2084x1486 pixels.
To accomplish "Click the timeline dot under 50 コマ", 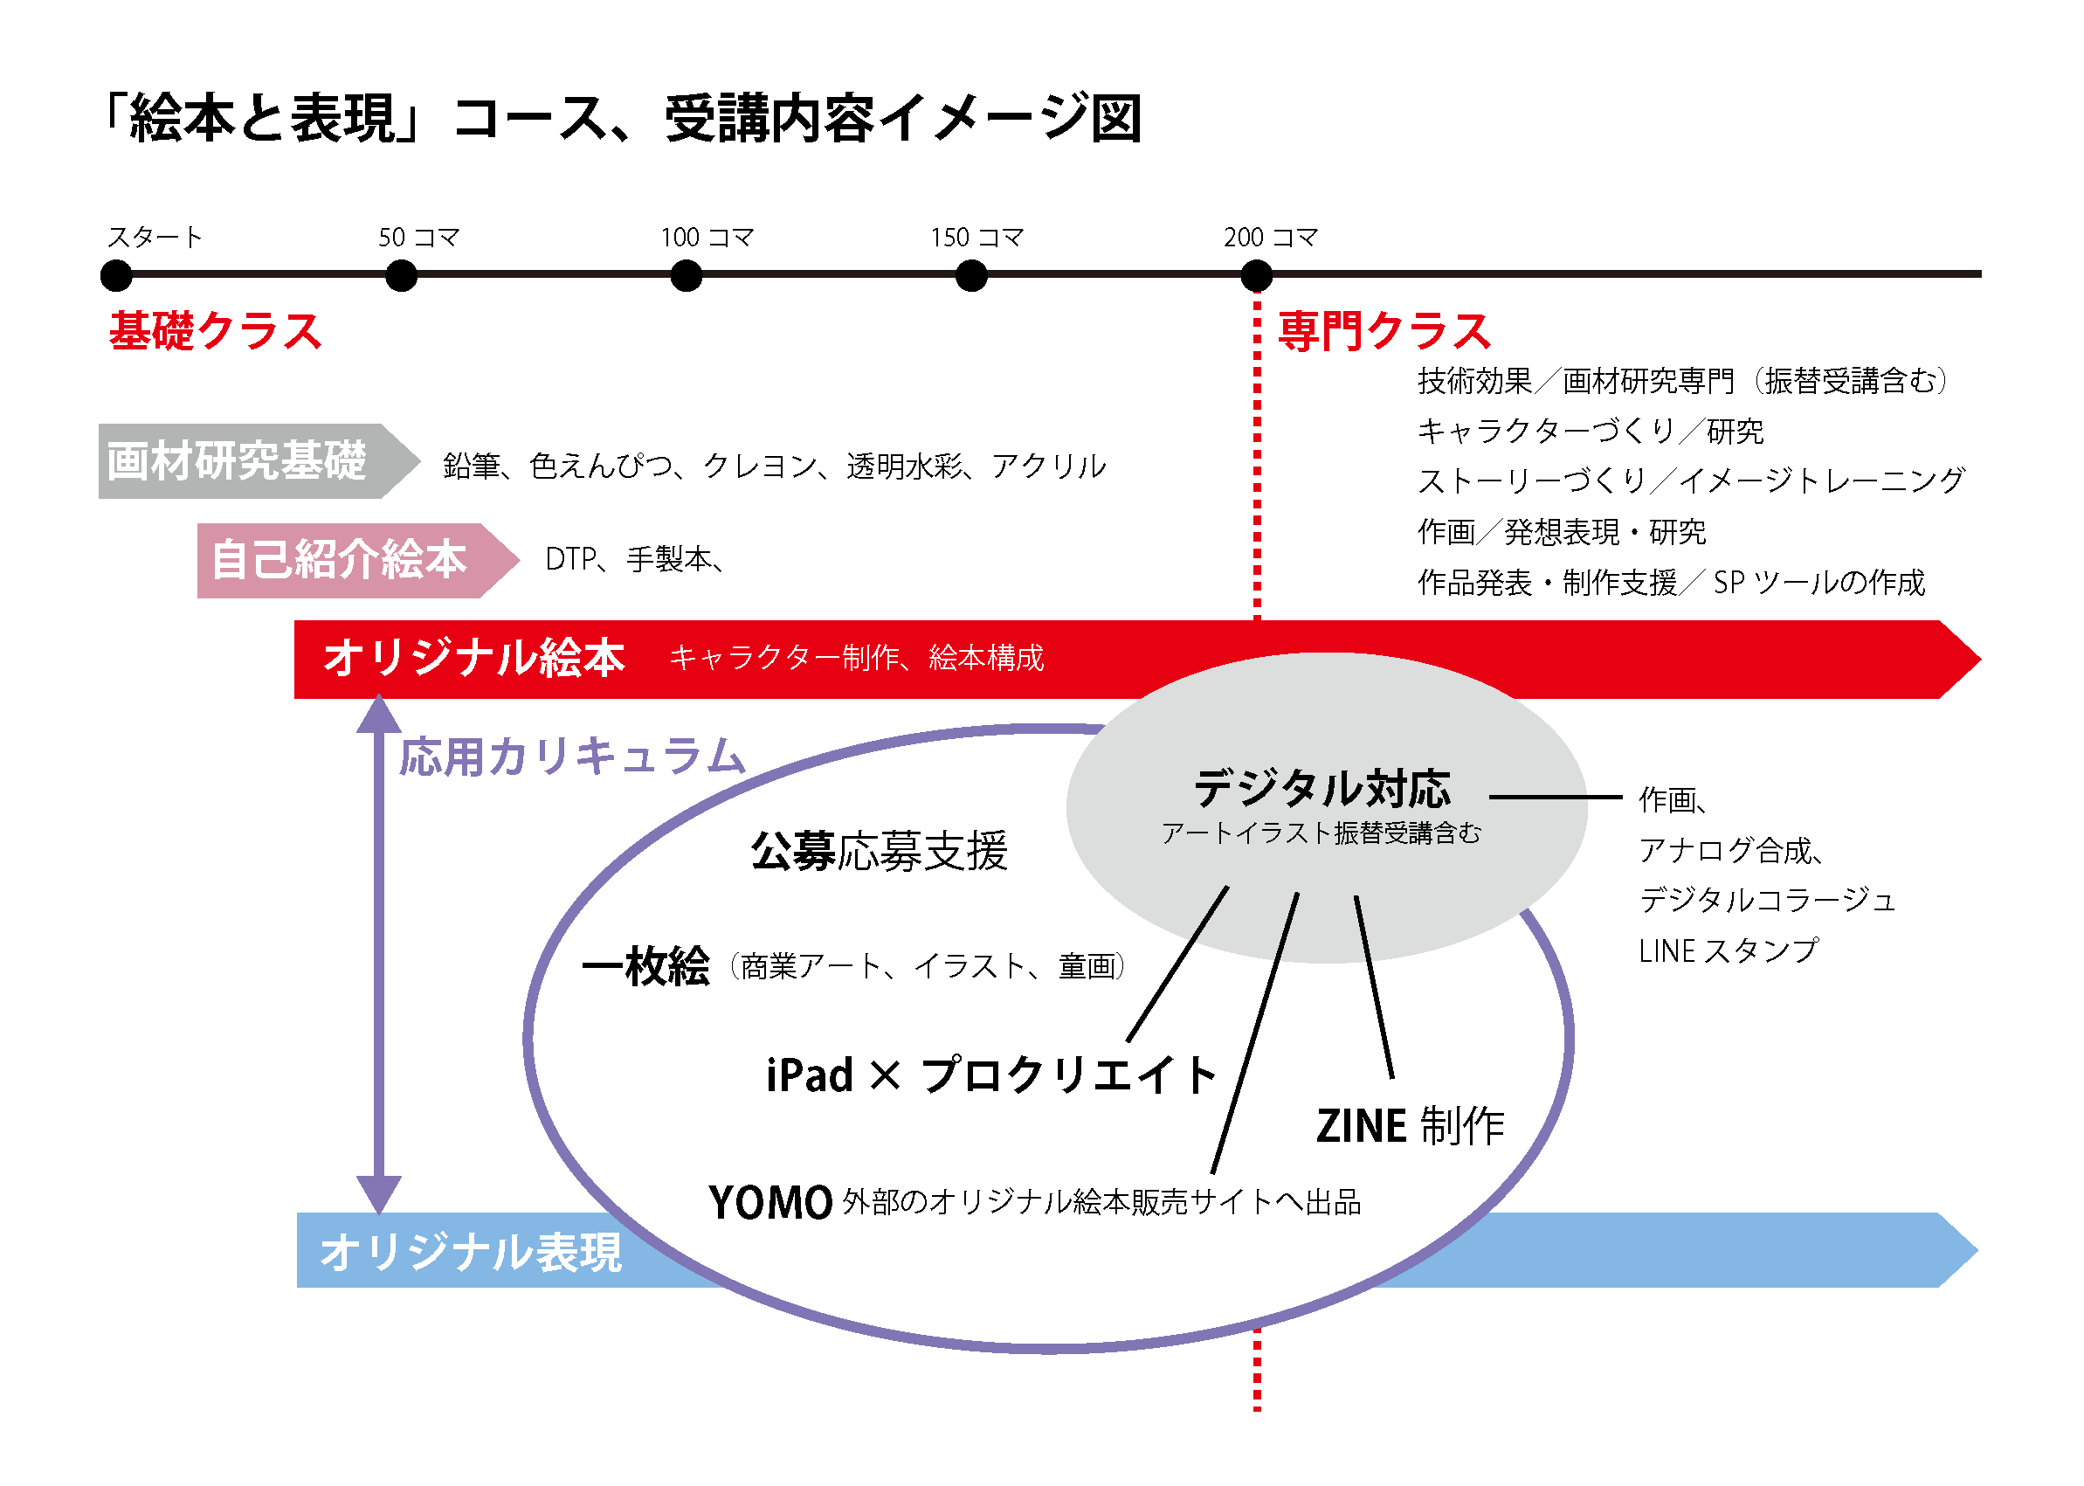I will (401, 274).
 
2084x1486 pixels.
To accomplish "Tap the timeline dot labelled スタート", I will (116, 274).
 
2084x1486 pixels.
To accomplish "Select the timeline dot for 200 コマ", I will (1256, 274).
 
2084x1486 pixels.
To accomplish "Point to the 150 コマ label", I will (976, 238).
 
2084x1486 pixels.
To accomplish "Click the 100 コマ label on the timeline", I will (707, 238).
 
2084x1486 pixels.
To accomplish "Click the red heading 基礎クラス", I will (215, 330).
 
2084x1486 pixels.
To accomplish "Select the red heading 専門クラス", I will (1384, 330).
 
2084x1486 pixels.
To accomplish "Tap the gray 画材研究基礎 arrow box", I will (247, 460).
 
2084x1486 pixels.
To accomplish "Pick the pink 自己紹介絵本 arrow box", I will (348, 559).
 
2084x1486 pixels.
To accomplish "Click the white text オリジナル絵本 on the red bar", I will (474, 658).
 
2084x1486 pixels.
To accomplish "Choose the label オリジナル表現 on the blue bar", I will (470, 1251).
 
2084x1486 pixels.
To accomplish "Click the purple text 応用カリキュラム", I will (573, 757).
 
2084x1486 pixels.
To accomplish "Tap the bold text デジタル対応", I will (1322, 788).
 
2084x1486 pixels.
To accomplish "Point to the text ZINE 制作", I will (1410, 1125).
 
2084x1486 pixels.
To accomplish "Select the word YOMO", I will (770, 1202).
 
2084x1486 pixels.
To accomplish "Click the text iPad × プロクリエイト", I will (990, 1075).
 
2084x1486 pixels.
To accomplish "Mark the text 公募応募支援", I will (879, 851).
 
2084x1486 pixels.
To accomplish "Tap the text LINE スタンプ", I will (1729, 950).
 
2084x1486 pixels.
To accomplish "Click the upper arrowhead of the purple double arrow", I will (379, 715).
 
